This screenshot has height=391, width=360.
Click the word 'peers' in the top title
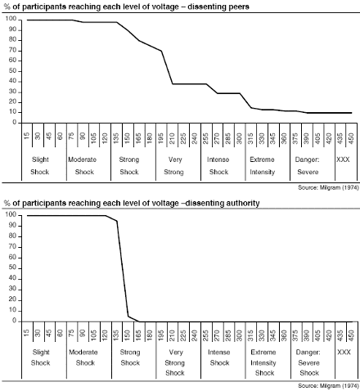pyautogui.click(x=236, y=7)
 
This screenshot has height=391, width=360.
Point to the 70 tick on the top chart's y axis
pyautogui.click(x=12, y=51)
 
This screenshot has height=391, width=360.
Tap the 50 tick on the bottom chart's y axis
pyautogui.click(x=12, y=268)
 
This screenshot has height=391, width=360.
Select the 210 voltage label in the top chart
pyautogui.click(x=172, y=136)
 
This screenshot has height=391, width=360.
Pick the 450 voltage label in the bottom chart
pyautogui.click(x=351, y=334)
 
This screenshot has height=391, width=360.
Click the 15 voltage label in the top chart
pyautogui.click(x=26, y=136)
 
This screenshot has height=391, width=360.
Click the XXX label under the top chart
pyautogui.click(x=343, y=160)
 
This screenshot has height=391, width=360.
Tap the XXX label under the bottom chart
pyautogui.click(x=344, y=352)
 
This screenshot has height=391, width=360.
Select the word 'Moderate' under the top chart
pyautogui.click(x=82, y=160)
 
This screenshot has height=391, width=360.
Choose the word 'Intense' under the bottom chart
pyautogui.click(x=218, y=352)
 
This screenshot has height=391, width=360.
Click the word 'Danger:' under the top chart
pyautogui.click(x=307, y=160)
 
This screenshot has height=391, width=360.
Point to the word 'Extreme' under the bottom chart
pyautogui.click(x=263, y=352)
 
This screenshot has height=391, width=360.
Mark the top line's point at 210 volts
pyautogui.click(x=173, y=83)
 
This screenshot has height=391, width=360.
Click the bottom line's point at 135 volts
pyautogui.click(x=117, y=221)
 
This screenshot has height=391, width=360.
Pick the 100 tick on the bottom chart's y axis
pyautogui.click(x=11, y=215)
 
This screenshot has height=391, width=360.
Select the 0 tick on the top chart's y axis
pyautogui.click(x=15, y=123)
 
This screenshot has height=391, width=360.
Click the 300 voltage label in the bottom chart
pyautogui.click(x=239, y=334)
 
